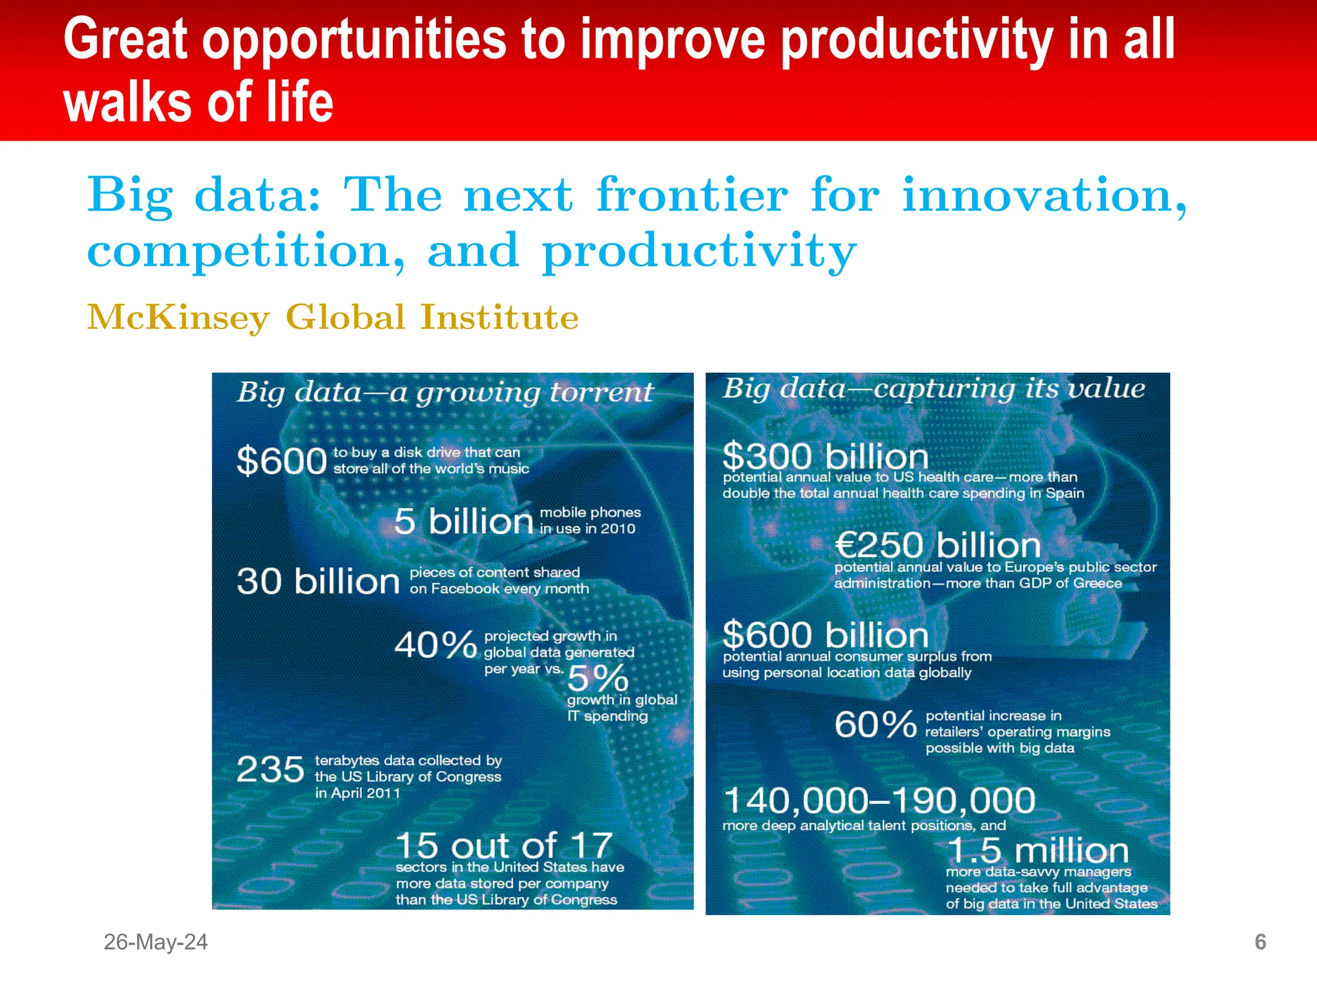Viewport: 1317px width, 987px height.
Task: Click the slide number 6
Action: coord(1260,942)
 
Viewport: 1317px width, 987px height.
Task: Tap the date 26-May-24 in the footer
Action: coord(156,942)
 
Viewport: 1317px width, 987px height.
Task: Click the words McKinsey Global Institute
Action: coord(332,317)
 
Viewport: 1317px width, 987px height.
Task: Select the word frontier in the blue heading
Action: coord(692,195)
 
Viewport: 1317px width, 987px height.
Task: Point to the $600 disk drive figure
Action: coord(282,461)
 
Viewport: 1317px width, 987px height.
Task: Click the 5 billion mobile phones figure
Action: coord(463,521)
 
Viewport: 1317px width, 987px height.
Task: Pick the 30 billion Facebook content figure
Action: coord(318,582)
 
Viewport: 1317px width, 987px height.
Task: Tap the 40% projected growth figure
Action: coord(435,645)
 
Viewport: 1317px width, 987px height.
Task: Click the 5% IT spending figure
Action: coord(597,677)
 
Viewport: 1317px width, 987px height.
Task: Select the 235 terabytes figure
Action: coord(270,769)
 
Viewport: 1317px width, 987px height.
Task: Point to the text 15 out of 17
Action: coord(504,846)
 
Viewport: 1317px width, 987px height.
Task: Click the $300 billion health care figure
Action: coord(825,457)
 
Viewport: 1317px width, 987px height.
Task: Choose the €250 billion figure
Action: coord(937,546)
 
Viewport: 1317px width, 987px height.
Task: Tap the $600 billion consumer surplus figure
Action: coord(825,636)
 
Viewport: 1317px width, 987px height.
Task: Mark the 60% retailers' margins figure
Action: coord(875,725)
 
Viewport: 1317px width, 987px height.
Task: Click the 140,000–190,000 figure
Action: coord(878,801)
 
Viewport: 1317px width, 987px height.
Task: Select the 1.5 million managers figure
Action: coord(1038,851)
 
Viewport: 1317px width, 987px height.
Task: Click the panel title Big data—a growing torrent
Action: coord(445,393)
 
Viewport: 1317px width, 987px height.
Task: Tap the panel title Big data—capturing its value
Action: coord(933,389)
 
